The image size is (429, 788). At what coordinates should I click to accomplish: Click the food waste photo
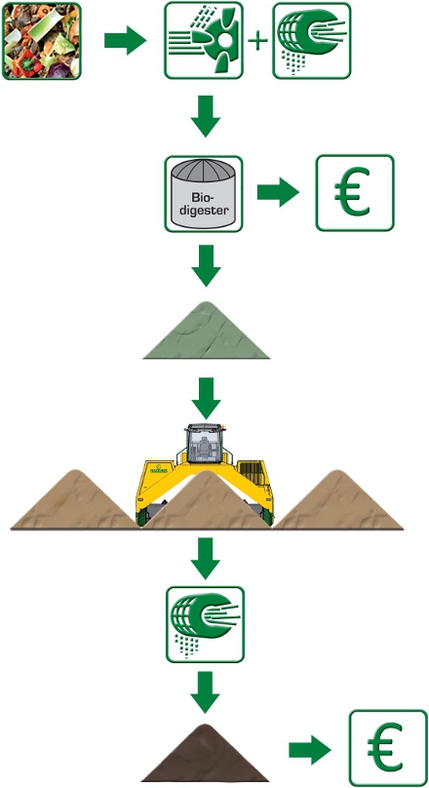pyautogui.click(x=42, y=41)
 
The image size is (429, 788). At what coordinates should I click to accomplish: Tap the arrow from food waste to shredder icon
pyautogui.click(x=125, y=40)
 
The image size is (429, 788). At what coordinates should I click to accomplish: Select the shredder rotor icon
pyautogui.click(x=204, y=41)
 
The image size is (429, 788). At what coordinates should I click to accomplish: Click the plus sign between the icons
pyautogui.click(x=257, y=41)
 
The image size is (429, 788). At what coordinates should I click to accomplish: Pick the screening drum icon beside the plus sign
pyautogui.click(x=311, y=41)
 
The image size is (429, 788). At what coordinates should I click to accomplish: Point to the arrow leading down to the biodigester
pyautogui.click(x=206, y=116)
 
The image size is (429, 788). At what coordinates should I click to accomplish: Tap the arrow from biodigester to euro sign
pyautogui.click(x=278, y=192)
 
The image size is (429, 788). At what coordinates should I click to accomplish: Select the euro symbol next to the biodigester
pyautogui.click(x=355, y=193)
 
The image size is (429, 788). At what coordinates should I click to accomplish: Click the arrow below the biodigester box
pyautogui.click(x=206, y=266)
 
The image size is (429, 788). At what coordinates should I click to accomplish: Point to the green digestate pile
pyautogui.click(x=206, y=331)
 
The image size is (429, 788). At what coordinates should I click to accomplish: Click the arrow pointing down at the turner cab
pyautogui.click(x=206, y=399)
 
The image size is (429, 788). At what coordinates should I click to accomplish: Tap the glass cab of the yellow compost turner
pyautogui.click(x=204, y=443)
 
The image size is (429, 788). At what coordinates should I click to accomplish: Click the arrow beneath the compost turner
pyautogui.click(x=206, y=559)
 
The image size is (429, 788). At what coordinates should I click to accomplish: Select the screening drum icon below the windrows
pyautogui.click(x=205, y=624)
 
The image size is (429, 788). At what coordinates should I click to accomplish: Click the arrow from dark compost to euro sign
pyautogui.click(x=310, y=750)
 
